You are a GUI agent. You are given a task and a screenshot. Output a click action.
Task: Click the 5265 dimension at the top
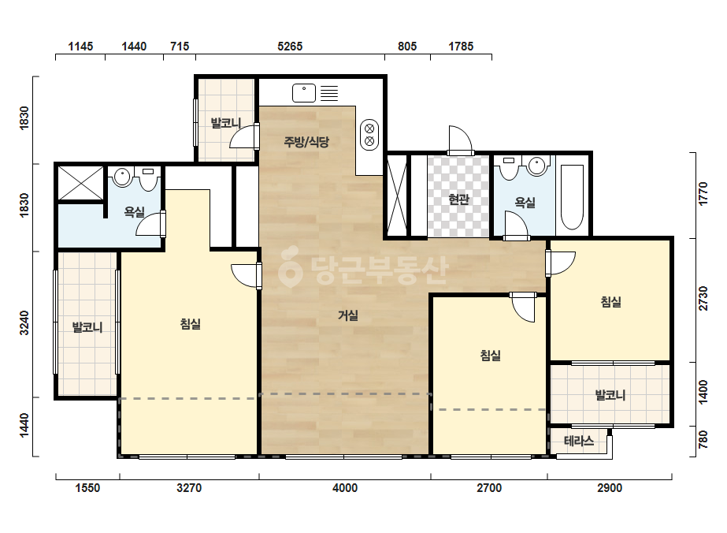point(290,47)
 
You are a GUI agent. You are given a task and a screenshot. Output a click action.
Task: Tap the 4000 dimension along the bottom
point(345,488)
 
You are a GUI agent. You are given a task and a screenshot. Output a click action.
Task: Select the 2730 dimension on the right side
point(703,298)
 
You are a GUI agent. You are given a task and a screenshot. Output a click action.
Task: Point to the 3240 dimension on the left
point(24,322)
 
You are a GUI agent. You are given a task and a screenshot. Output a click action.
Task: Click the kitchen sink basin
point(304,93)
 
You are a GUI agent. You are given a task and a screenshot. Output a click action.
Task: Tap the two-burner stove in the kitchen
point(369,134)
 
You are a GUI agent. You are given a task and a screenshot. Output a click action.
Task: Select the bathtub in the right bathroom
point(572,197)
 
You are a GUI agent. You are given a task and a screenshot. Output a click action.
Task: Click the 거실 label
point(347,315)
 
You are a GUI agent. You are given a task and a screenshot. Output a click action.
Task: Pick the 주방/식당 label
point(306,142)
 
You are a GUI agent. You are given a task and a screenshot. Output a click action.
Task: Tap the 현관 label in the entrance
point(458,199)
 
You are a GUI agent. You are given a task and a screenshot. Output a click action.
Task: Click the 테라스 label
point(579,441)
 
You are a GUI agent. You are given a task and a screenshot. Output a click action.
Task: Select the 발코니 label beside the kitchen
point(226,123)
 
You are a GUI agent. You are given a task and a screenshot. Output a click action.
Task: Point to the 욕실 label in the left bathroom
point(135,212)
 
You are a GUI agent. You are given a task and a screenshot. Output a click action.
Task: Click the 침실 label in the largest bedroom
point(190,323)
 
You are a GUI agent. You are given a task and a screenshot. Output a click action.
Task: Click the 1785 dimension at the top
point(461,47)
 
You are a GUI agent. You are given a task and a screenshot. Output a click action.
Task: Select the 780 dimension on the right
point(703,439)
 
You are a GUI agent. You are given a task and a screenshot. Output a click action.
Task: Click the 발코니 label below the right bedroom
point(610,395)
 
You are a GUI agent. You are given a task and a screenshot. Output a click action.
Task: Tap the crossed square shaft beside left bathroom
point(80,184)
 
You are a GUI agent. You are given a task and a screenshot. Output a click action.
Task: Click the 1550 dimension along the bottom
point(87,488)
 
